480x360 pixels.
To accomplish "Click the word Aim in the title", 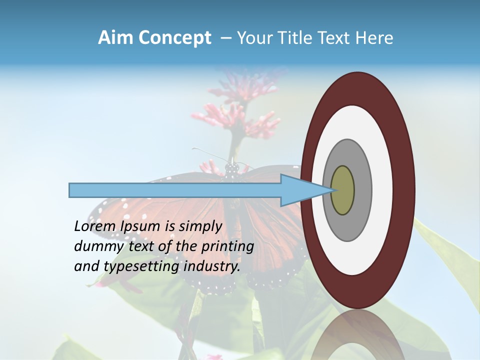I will click(x=116, y=38).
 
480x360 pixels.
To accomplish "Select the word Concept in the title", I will click(x=175, y=38).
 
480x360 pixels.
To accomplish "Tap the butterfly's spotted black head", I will click(x=231, y=169).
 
